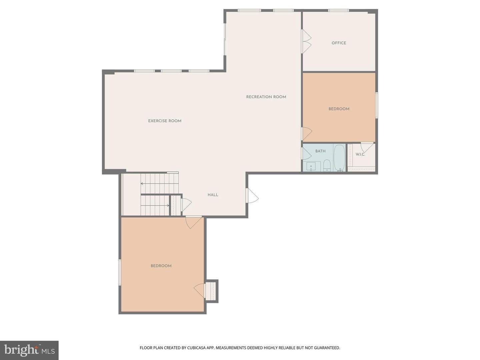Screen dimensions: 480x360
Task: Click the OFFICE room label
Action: (339, 43)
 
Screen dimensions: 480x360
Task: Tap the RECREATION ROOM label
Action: (266, 97)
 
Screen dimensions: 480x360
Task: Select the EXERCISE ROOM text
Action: (165, 121)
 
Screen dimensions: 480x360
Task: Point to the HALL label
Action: (213, 195)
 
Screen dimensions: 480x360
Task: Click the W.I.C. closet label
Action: (360, 155)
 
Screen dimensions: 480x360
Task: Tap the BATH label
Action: (320, 151)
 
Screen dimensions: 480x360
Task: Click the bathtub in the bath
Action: (339, 158)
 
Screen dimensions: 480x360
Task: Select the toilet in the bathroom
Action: (327, 165)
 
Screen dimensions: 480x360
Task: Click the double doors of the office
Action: (307, 41)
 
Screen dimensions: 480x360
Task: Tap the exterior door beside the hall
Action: (252, 195)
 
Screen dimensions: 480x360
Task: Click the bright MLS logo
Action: (29, 350)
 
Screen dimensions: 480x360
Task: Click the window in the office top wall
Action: (338, 10)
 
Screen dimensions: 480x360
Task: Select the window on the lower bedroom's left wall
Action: (120, 272)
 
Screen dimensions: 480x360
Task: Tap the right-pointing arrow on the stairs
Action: (155, 205)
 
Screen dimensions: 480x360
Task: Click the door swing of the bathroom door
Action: (307, 153)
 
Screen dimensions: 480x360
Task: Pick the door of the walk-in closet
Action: (367, 147)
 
